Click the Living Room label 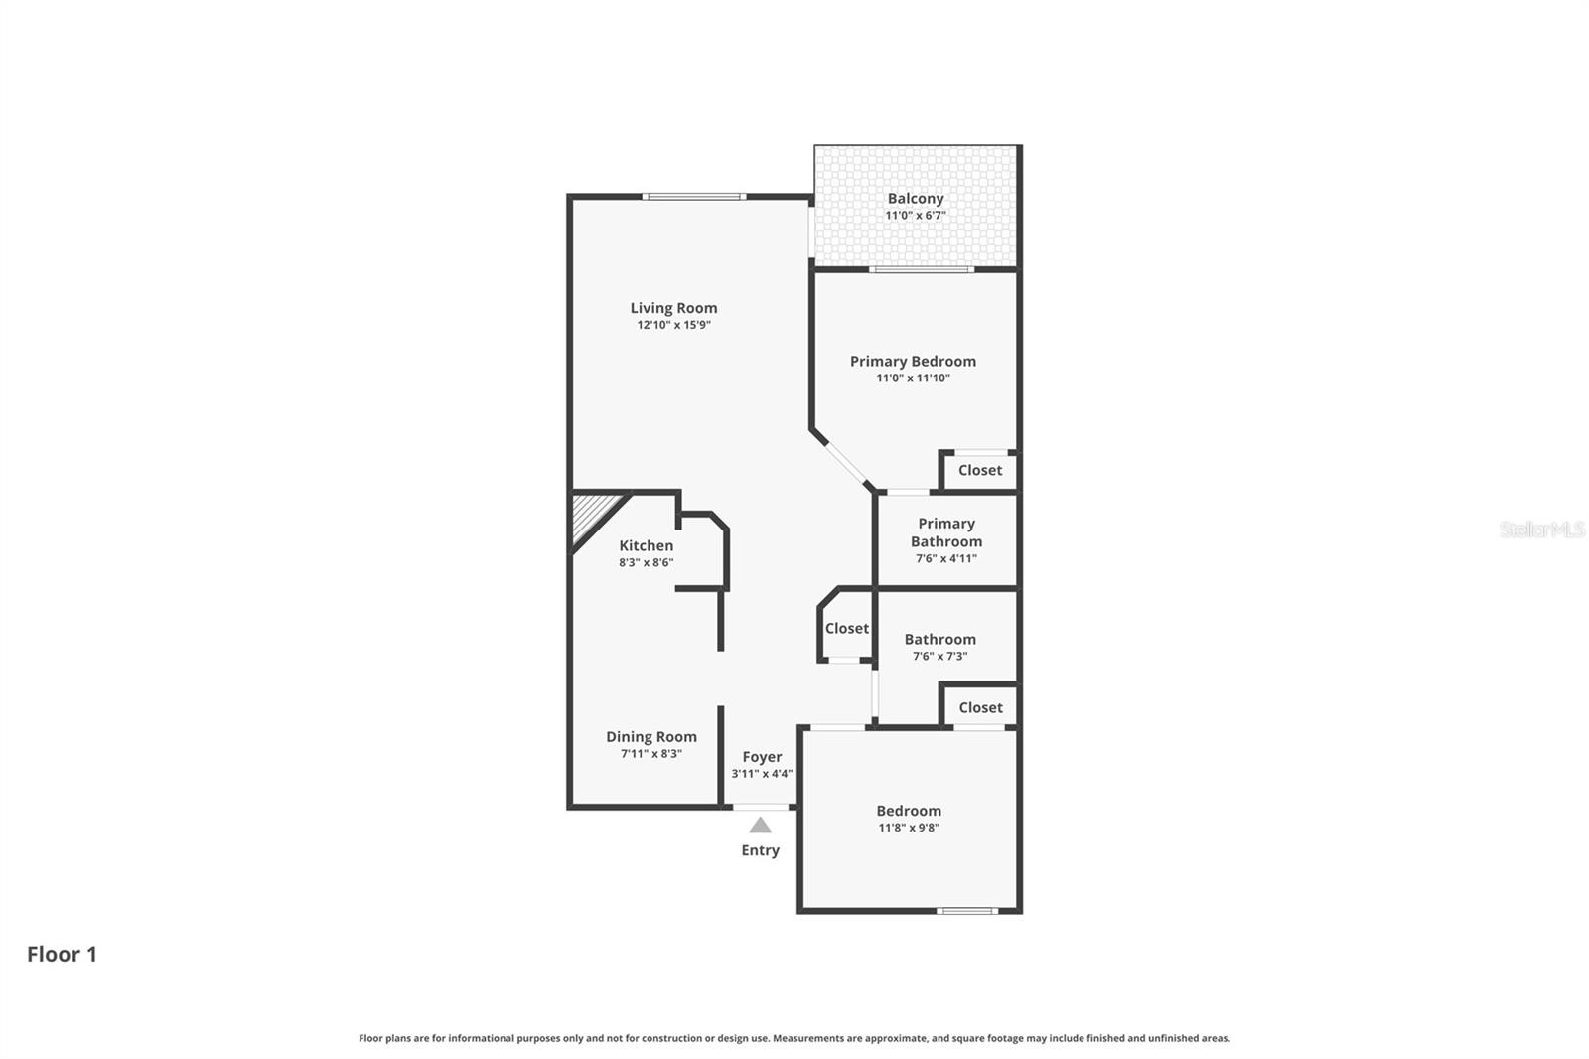tap(673, 308)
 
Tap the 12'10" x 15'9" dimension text tap(673, 325)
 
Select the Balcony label tap(915, 198)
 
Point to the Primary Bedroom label tap(913, 361)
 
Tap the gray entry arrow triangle tap(760, 826)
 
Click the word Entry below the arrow tap(760, 850)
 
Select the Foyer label tap(762, 757)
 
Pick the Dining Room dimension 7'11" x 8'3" tap(651, 754)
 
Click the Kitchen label tap(646, 545)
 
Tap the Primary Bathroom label tap(946, 532)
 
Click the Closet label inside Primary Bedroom tap(979, 470)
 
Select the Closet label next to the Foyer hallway tap(846, 628)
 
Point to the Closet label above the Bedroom tap(980, 707)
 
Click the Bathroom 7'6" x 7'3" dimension tap(939, 656)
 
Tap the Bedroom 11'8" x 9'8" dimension tap(909, 828)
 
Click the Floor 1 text tap(62, 954)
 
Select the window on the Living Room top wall tap(693, 197)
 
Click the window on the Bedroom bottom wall tap(967, 910)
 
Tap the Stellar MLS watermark tap(1541, 529)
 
